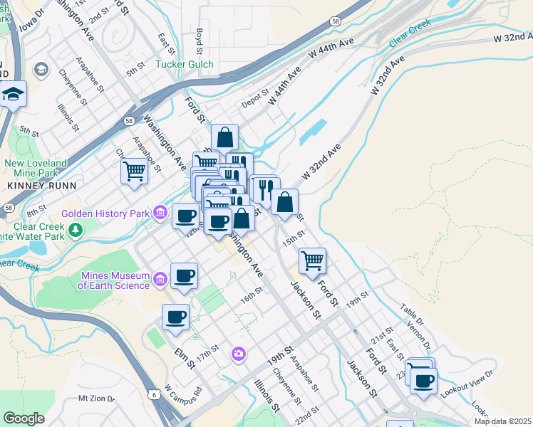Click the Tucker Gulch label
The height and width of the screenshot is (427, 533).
(x=184, y=64)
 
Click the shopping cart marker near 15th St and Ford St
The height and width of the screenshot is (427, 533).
(x=313, y=260)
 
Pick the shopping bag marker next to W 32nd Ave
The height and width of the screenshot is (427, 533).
(x=284, y=201)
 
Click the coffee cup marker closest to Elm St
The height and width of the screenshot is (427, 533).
(x=175, y=317)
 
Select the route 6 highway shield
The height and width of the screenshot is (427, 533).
(x=154, y=394)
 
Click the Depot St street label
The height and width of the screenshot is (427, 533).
(x=254, y=97)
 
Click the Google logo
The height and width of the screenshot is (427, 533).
(x=24, y=418)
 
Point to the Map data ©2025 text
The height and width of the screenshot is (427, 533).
(x=502, y=421)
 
